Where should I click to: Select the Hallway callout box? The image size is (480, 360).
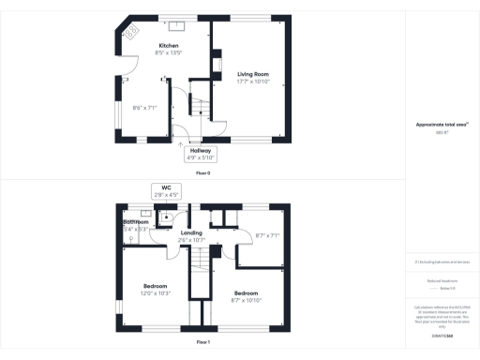tap(201, 153)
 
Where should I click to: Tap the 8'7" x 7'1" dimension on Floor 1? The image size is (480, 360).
tap(266, 235)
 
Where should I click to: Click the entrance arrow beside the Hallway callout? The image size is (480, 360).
tap(179, 145)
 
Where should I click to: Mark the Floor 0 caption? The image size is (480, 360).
tap(202, 173)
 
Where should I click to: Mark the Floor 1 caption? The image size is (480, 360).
tap(202, 343)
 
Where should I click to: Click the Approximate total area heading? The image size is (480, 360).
tap(441, 124)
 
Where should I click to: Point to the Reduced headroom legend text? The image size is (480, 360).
tap(441, 280)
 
